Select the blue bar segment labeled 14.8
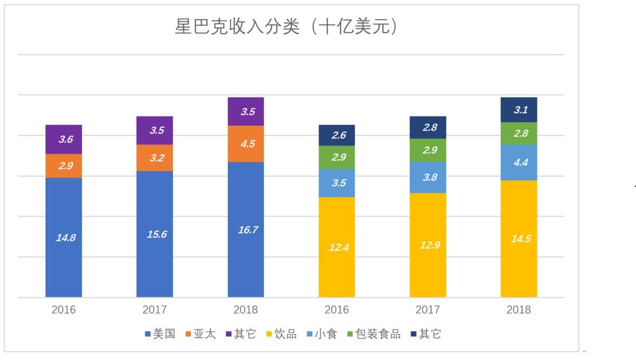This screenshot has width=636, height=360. click(64, 237)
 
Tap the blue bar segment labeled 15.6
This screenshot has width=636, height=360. click(155, 233)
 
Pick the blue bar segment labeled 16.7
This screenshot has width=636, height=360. click(245, 230)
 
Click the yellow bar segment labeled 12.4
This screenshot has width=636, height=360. click(336, 247)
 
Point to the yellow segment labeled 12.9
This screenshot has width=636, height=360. click(427, 245)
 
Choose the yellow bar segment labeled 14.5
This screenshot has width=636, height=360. click(518, 239)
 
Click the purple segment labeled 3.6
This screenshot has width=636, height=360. click(64, 139)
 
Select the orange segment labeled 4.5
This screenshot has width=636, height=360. click(245, 144)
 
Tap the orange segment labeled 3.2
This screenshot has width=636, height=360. click(155, 158)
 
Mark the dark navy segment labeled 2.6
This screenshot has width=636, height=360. click(336, 135)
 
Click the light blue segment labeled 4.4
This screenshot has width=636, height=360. click(518, 162)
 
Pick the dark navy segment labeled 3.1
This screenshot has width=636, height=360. click(518, 109)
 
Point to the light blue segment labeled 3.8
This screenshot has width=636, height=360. click(427, 177)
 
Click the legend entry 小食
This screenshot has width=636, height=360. click(321, 334)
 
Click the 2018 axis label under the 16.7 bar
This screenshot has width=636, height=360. click(245, 310)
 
